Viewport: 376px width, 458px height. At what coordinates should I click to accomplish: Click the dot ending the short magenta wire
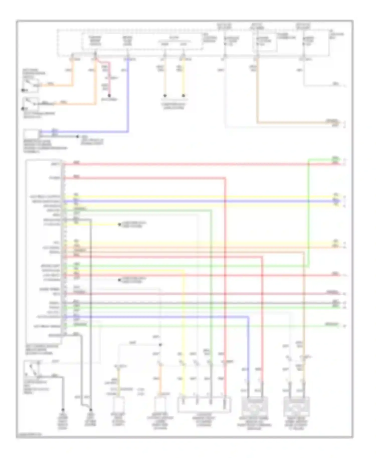coord(109,96)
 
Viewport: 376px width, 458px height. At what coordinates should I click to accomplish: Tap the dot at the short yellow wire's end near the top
coord(183,96)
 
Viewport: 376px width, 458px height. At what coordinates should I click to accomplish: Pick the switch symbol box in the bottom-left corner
coord(31,369)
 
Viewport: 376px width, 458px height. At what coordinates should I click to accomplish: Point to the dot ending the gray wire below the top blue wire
coord(78,137)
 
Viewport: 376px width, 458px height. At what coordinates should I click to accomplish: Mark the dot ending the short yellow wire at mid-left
coord(120,224)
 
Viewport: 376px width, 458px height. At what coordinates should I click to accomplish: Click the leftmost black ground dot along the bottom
coord(63,410)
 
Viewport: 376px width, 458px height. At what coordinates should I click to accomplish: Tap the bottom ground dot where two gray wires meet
coord(90,410)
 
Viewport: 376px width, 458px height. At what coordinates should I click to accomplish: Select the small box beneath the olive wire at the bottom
coord(118,404)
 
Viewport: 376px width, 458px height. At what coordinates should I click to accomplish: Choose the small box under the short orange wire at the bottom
coord(160,404)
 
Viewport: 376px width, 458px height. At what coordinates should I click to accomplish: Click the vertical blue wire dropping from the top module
coord(128,95)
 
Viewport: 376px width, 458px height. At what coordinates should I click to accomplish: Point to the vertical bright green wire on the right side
coord(309,213)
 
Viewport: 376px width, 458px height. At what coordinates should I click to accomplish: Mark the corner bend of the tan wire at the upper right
coord(257,123)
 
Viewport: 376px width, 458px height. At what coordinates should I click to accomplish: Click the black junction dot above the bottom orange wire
coord(160,345)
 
